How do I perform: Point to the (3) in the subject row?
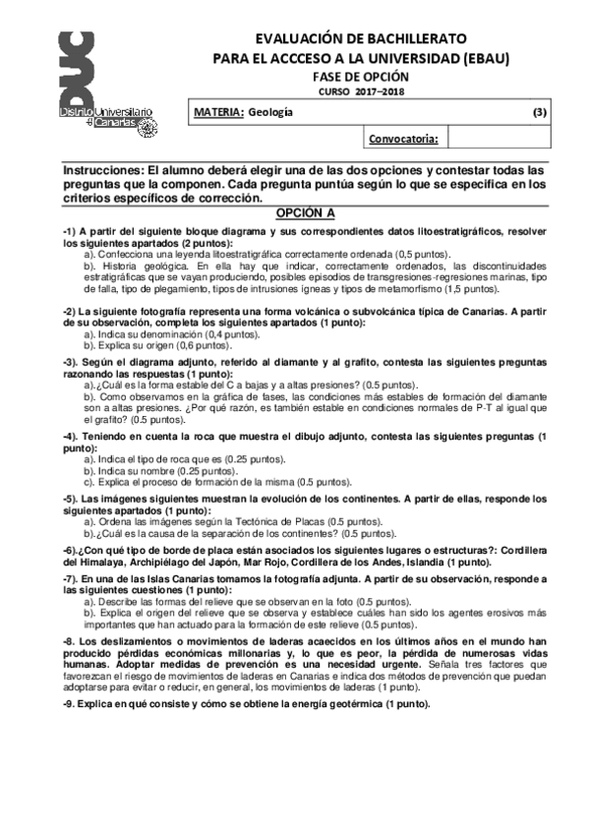coord(539,113)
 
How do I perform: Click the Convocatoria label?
coord(402,139)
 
